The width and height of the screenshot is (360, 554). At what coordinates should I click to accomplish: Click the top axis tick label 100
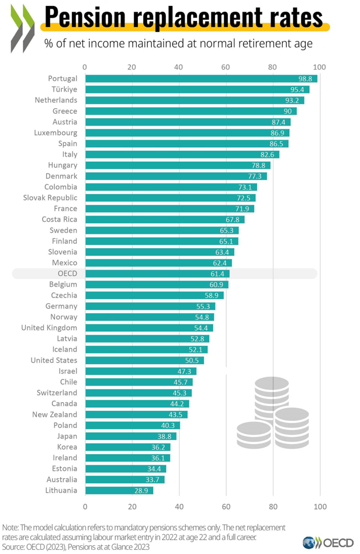point(319,66)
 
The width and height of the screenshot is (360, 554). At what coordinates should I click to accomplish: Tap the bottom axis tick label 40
point(179,505)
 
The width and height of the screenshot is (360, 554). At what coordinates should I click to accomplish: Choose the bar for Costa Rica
point(164,219)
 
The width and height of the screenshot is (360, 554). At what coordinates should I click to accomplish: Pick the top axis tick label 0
point(85,66)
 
